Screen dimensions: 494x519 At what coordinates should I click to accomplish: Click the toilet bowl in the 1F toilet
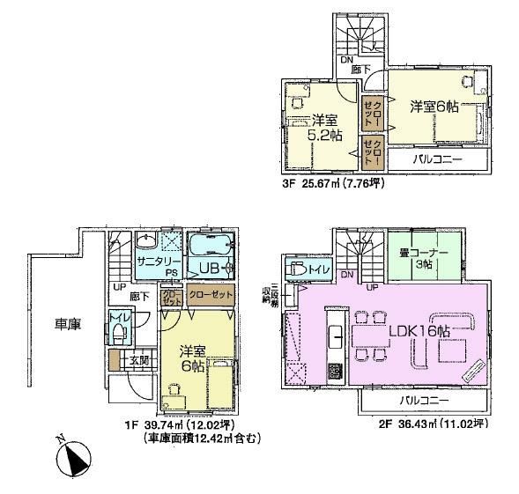[116, 334]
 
